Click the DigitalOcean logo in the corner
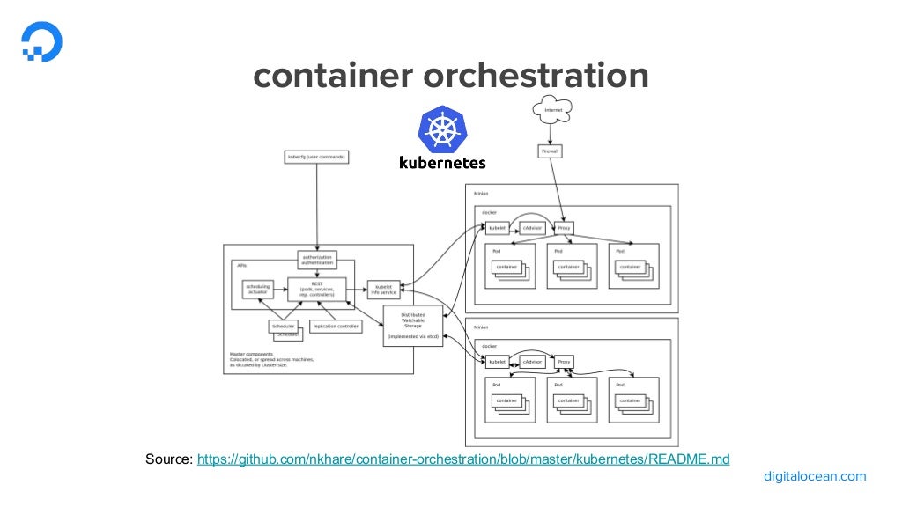coord(41,41)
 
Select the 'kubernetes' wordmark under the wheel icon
coord(442,162)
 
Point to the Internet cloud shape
coord(552,110)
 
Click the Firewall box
coord(550,151)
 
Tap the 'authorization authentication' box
coord(317,260)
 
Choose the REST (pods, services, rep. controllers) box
coord(317,289)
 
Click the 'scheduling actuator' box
coord(258,289)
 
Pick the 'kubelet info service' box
coord(384,289)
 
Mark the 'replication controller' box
coord(336,326)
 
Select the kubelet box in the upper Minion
coord(498,228)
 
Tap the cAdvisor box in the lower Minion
coord(531,361)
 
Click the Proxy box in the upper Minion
coord(565,228)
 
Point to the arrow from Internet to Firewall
coord(551,133)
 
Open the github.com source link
coord(463,459)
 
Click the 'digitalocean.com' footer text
coord(815,476)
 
